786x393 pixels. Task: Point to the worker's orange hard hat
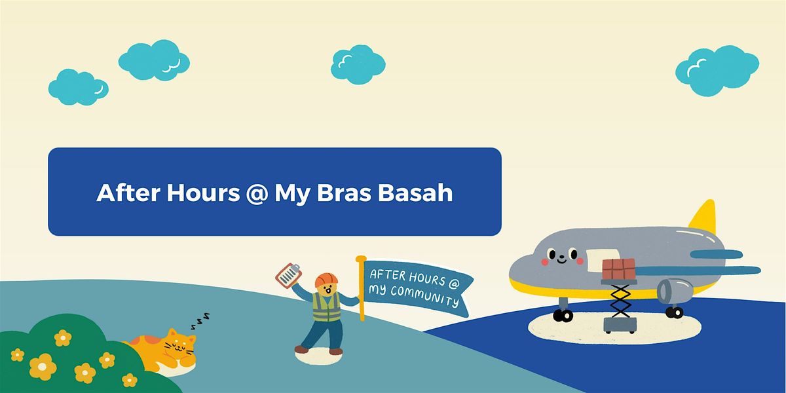(325, 280)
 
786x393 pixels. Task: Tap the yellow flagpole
(361, 288)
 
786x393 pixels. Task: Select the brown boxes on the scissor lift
(618, 269)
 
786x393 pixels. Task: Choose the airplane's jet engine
(675, 290)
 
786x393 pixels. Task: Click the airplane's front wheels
(563, 316)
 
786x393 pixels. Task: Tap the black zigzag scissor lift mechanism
(619, 301)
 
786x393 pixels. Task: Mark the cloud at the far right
(717, 69)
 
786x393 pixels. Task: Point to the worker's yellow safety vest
(326, 306)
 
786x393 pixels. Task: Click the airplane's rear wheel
(674, 312)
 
